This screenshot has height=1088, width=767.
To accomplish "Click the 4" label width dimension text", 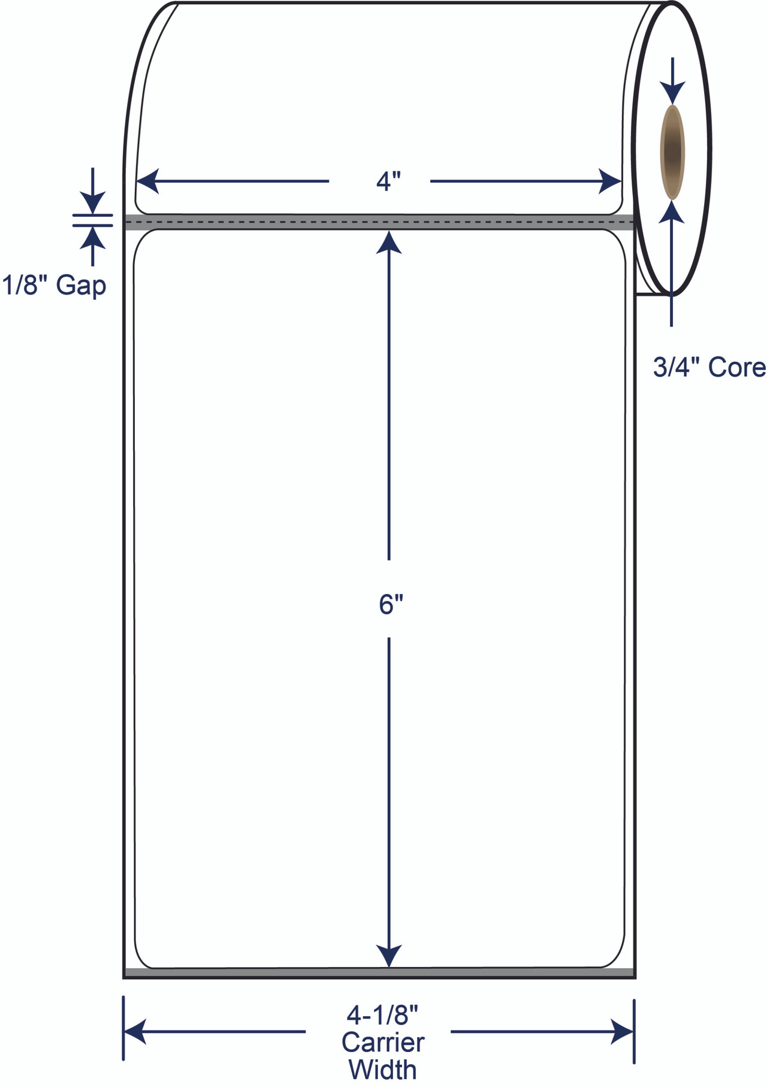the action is pos(388,181).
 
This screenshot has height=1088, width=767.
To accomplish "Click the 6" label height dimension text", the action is pos(390,605).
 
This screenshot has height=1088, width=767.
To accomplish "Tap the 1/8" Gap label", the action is pos(54,285).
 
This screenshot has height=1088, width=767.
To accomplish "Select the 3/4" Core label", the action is pos(709,367).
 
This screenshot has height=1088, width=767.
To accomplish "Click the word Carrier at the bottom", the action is pos(383,1042).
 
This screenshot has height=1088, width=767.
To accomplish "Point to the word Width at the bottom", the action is pos(382,1069).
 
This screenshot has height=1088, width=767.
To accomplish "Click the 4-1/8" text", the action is pos(382,1016).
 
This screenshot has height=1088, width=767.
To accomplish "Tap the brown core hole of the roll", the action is pos(672,152).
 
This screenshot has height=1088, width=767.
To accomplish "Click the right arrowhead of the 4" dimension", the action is pos(610,181).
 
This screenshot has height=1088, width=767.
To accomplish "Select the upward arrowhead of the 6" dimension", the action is pos(389,243).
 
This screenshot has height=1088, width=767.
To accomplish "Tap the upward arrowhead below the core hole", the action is pos(672,212).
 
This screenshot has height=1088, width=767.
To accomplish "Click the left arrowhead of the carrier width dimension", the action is pos(135,1032).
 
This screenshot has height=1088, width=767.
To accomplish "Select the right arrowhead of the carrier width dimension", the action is pos(623,1032).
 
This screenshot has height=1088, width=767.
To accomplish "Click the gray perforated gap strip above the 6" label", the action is pos(379,222).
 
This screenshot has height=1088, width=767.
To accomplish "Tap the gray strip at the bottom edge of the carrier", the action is pos(379,972).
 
